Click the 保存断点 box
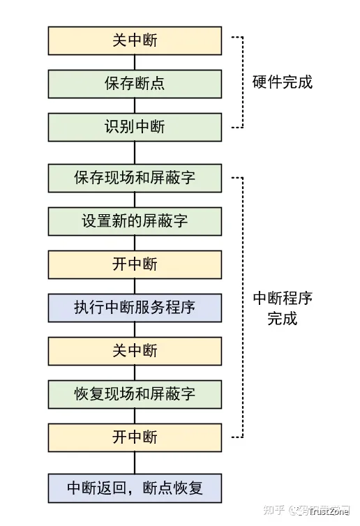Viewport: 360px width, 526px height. [x=135, y=84]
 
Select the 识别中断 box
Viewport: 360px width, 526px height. [x=135, y=128]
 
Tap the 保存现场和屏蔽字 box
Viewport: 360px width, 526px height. [x=135, y=178]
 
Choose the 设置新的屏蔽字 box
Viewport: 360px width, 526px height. [x=135, y=221]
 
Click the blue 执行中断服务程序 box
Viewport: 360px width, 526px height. [x=135, y=307]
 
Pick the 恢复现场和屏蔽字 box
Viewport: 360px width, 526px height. [x=135, y=393]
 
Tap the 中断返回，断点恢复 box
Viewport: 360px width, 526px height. [x=135, y=487]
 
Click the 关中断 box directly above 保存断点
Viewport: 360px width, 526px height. [x=135, y=40]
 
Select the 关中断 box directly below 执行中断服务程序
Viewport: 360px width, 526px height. [x=135, y=350]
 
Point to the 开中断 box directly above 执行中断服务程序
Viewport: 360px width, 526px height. [x=135, y=264]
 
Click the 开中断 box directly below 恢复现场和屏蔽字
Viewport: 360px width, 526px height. [x=135, y=437]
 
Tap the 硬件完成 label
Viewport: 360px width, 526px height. [x=282, y=82]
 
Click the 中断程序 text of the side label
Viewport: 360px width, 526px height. [x=282, y=299]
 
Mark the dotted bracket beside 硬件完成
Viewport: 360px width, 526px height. [x=241, y=82]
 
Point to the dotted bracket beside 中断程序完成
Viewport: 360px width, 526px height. [x=241, y=307]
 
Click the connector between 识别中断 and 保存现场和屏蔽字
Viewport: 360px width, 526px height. [x=135, y=153]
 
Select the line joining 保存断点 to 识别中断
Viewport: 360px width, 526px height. [x=135, y=106]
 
